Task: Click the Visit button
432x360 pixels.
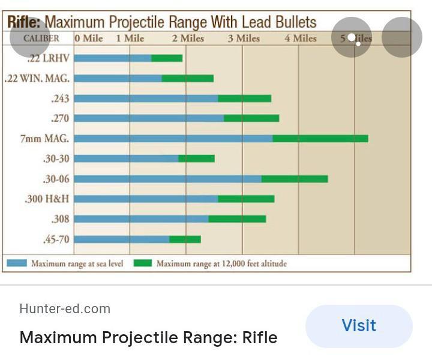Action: (x=358, y=326)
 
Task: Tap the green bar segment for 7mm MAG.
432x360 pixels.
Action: (x=320, y=139)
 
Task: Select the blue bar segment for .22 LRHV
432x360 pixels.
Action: (x=112, y=58)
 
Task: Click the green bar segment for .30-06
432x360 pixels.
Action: (x=294, y=179)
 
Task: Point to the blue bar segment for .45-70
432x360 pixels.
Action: (x=121, y=239)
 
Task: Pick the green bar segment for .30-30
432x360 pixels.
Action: (x=196, y=158)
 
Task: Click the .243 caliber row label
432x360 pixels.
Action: (x=60, y=98)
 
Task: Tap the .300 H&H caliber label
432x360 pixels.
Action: (x=47, y=199)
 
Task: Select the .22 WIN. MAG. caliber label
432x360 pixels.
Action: (x=37, y=79)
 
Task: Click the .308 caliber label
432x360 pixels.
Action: (x=60, y=219)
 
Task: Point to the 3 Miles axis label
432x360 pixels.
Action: (x=244, y=38)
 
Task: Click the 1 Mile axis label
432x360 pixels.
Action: (x=130, y=38)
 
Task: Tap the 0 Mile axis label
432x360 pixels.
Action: (x=89, y=38)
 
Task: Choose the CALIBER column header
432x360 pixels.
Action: (x=41, y=38)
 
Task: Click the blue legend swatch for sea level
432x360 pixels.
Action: (x=17, y=263)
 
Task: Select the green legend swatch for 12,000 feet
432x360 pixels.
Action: (x=142, y=263)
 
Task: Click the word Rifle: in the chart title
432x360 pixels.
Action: (x=24, y=23)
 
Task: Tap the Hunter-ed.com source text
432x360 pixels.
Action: (x=65, y=309)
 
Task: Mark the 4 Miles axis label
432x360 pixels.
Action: (x=300, y=38)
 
